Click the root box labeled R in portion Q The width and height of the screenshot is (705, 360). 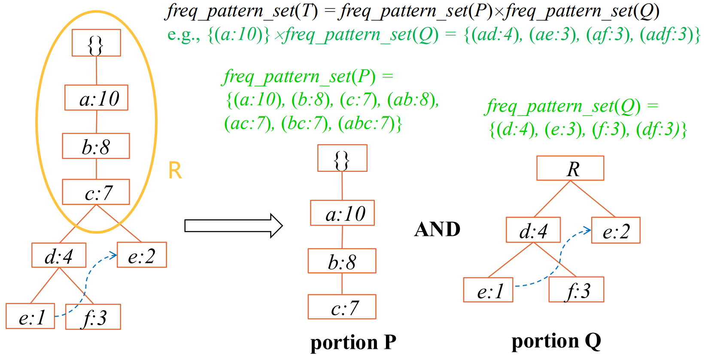pyautogui.click(x=570, y=168)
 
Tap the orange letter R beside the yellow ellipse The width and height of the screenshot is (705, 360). pyautogui.click(x=175, y=171)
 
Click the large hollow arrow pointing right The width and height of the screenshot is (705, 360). pyautogui.click(x=233, y=226)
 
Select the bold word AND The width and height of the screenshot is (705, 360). pyautogui.click(x=437, y=229)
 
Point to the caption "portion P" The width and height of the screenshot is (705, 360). pyautogui.click(x=353, y=342)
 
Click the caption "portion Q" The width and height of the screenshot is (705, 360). pyautogui.click(x=556, y=341)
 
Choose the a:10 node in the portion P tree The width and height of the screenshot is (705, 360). pyautogui.click(x=342, y=213)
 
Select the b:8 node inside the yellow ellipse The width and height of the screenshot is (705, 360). pyautogui.click(x=96, y=146)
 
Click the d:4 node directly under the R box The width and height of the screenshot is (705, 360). pyautogui.click(x=533, y=230)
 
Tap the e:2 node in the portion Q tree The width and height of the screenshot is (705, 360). pyautogui.click(x=616, y=231)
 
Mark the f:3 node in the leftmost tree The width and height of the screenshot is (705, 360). pyautogui.click(x=93, y=317)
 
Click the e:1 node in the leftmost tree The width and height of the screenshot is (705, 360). pyautogui.click(x=30, y=317)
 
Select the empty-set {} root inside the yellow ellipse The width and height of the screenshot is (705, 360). pyautogui.click(x=96, y=43)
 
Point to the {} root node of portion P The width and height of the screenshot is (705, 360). pyautogui.click(x=342, y=159)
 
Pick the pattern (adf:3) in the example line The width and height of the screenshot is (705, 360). pyautogui.click(x=668, y=34)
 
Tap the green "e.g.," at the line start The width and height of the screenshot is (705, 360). pyautogui.click(x=183, y=34)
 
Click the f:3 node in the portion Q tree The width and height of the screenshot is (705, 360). pyautogui.click(x=576, y=290)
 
